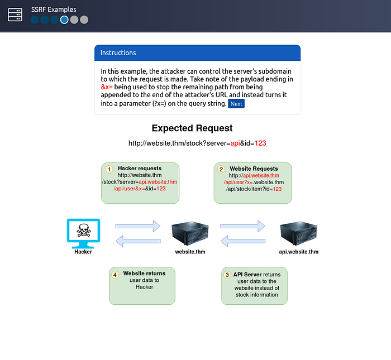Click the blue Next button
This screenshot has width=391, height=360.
[236, 104]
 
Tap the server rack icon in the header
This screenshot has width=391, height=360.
[15, 15]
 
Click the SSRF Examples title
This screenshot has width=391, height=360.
[54, 9]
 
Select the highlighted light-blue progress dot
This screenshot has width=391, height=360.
[64, 20]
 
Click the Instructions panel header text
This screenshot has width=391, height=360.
[118, 53]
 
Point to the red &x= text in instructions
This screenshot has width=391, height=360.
[107, 87]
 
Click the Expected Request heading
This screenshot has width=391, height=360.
[192, 128]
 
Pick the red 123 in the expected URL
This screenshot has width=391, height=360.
[260, 143]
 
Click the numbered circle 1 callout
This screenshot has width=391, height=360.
[109, 170]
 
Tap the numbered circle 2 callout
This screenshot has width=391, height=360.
[221, 170]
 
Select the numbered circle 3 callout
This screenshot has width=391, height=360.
[227, 275]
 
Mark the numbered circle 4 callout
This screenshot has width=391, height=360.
[115, 275]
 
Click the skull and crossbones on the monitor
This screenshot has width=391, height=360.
[84, 230]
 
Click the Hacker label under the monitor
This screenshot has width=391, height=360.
[83, 252]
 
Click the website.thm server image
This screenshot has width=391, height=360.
[190, 233]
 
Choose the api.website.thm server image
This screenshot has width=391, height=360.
[298, 233]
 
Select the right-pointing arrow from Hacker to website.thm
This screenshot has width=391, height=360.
[138, 226]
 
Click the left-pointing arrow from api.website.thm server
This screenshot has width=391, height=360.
[243, 241]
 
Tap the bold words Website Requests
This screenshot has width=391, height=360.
[254, 169]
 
